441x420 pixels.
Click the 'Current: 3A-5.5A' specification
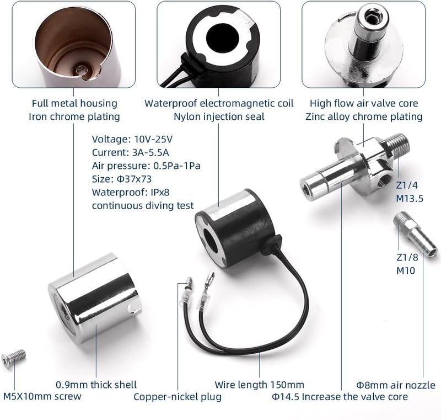(x=126, y=152)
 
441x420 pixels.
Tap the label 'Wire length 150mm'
(x=259, y=385)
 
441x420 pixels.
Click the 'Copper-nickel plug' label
(x=178, y=397)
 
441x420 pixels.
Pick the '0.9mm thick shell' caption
(x=96, y=385)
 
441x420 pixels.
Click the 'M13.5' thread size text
(x=408, y=199)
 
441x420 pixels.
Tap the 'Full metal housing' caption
(x=74, y=103)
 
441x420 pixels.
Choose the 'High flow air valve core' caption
(x=363, y=103)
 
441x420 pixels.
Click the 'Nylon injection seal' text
(x=219, y=116)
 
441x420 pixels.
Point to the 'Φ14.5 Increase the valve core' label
(x=340, y=397)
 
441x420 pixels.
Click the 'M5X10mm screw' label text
(x=42, y=397)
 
